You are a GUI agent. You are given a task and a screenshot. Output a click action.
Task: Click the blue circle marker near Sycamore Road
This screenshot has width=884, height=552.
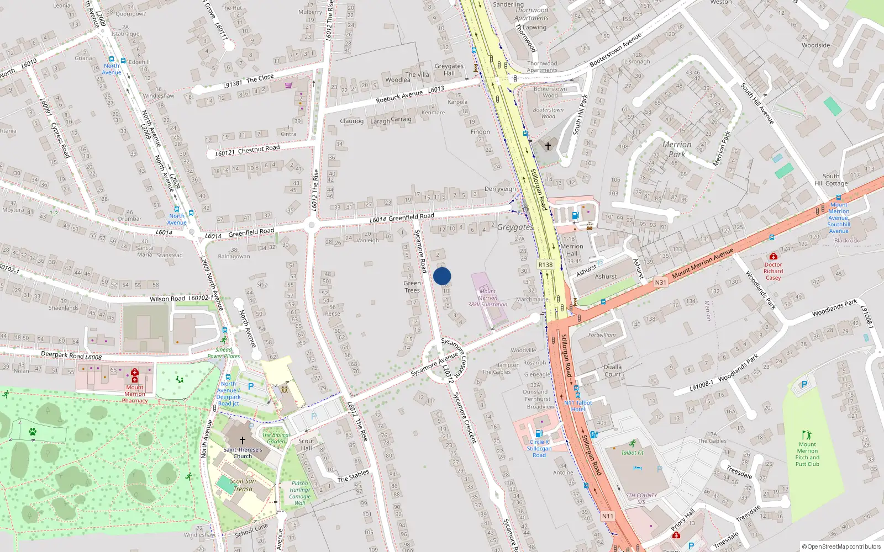442,276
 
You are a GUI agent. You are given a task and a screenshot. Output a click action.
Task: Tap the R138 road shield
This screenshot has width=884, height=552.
545,265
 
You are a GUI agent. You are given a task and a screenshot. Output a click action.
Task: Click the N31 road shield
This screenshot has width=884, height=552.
660,283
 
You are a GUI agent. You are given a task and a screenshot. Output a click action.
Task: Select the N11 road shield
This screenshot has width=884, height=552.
607,516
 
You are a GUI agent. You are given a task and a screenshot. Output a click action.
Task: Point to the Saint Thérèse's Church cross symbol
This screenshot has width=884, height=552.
242,440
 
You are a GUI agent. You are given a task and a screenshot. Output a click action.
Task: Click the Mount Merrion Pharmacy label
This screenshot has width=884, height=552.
135,394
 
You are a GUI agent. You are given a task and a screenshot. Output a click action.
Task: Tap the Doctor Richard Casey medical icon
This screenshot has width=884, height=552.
773,257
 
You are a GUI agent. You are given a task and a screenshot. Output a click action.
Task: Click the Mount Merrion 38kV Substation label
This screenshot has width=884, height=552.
487,298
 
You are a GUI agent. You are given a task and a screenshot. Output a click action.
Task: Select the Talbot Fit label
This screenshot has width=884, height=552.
633,453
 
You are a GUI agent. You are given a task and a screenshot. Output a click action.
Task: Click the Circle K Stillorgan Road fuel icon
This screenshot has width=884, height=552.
539,434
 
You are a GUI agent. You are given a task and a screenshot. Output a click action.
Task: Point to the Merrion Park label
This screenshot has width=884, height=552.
677,149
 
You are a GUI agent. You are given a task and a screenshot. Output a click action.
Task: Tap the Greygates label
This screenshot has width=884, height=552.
514,227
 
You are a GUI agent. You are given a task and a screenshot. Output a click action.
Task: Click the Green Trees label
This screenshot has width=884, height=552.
412,286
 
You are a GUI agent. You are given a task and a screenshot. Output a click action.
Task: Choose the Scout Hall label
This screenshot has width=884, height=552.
306,444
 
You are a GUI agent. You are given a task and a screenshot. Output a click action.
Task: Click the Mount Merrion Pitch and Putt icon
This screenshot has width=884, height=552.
807,435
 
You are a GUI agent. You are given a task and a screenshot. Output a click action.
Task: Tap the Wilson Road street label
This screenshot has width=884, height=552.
167,299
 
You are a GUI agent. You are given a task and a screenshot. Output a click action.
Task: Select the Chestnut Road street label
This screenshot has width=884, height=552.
259,149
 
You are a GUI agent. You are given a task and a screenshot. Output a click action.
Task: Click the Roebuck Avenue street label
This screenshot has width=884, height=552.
399,97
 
